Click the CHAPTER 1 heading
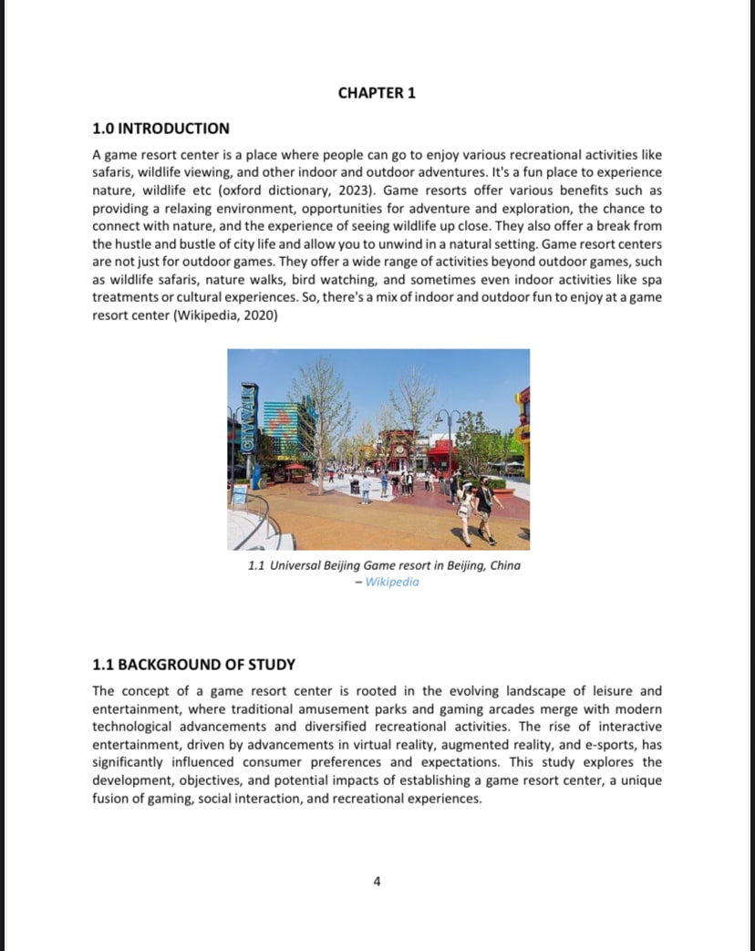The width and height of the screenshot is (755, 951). point(377,93)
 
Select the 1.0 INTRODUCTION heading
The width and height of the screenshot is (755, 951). point(160,129)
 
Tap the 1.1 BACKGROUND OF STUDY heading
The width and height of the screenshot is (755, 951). point(193,665)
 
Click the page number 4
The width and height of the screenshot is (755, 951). point(377,881)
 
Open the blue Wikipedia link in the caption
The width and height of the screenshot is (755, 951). point(391,582)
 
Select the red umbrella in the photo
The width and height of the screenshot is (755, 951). point(296,467)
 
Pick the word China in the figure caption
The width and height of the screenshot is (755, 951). point(505,565)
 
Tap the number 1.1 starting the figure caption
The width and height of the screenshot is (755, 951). point(256,565)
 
